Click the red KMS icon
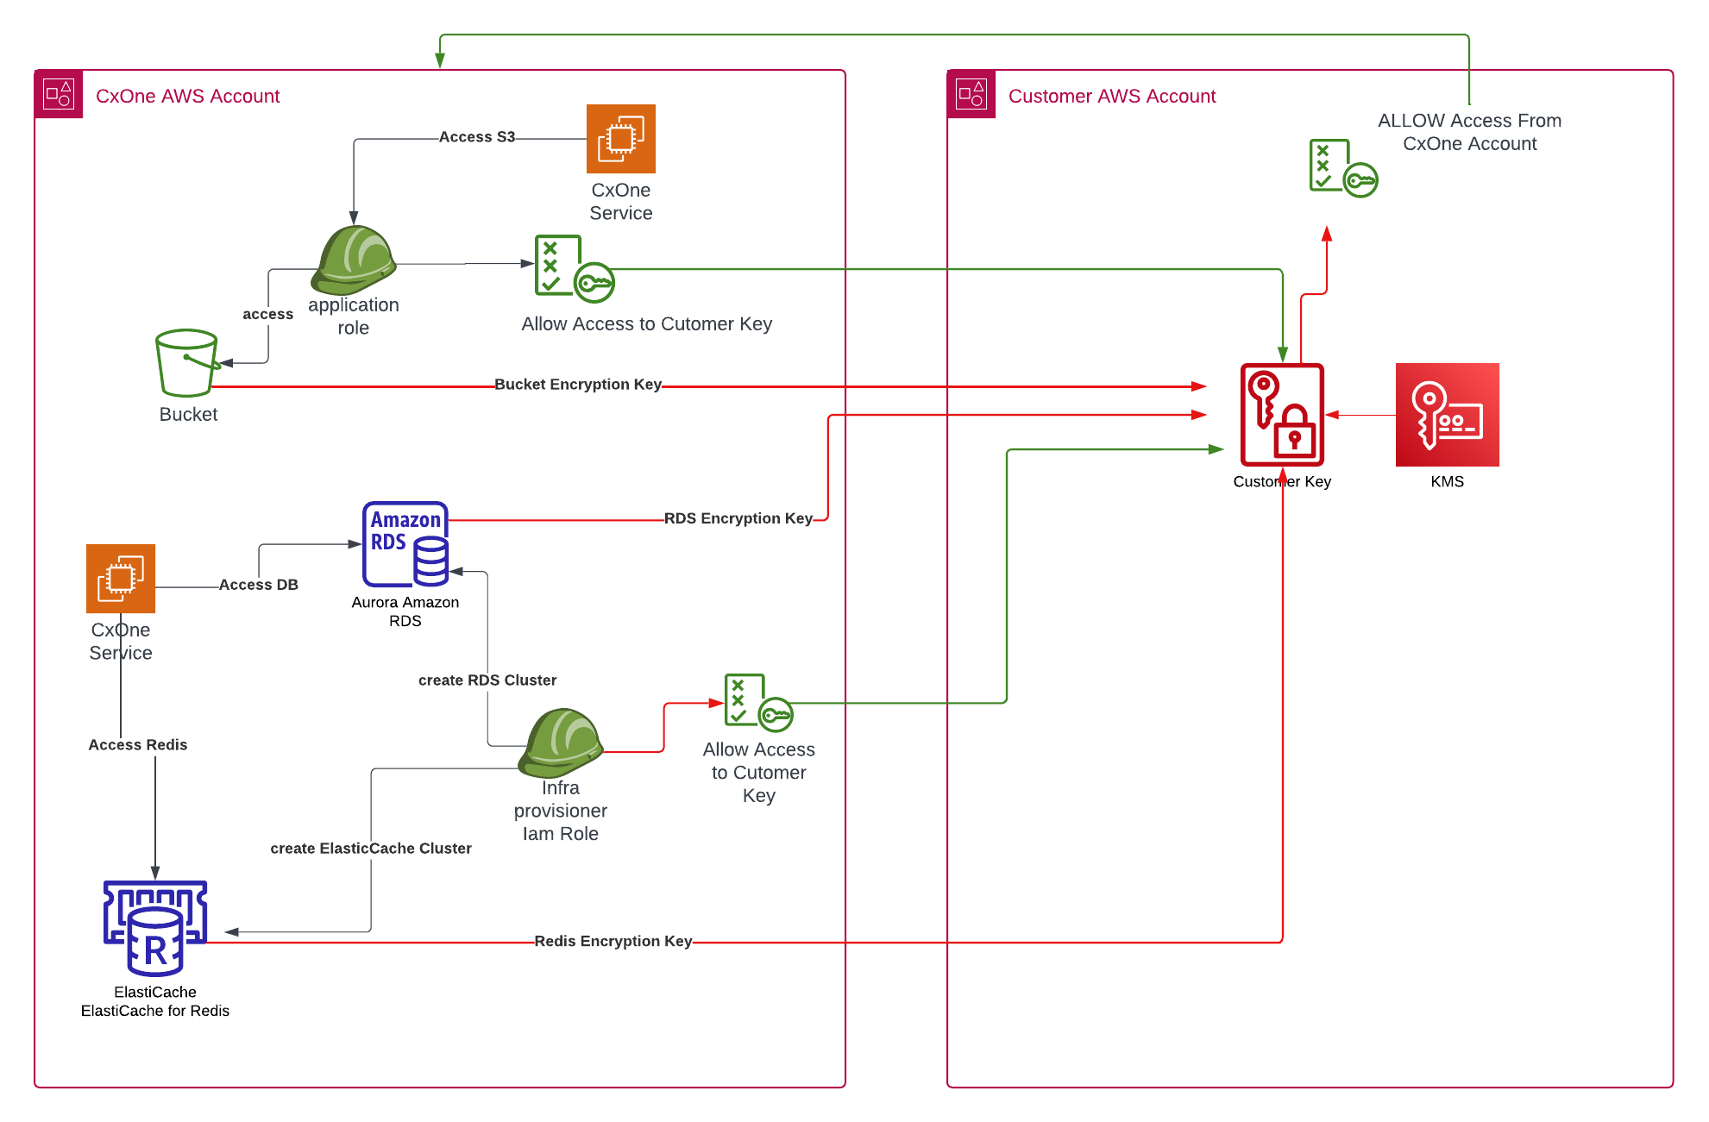(x=1447, y=415)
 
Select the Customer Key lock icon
(x=1282, y=415)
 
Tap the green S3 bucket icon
(x=186, y=362)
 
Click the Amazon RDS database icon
(x=405, y=544)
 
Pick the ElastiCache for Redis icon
(x=155, y=927)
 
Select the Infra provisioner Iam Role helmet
(x=561, y=742)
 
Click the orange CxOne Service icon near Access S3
(x=621, y=139)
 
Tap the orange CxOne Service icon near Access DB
(x=121, y=579)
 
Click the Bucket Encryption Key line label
(x=578, y=385)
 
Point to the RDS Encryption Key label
(x=738, y=518)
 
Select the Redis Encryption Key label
(x=613, y=941)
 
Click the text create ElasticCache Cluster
(x=371, y=849)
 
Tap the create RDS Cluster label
(x=487, y=680)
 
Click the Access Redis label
(x=138, y=745)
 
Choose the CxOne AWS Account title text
(x=187, y=97)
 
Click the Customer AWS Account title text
(x=1111, y=97)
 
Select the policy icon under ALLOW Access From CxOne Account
(x=1342, y=168)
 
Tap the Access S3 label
(x=476, y=137)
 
